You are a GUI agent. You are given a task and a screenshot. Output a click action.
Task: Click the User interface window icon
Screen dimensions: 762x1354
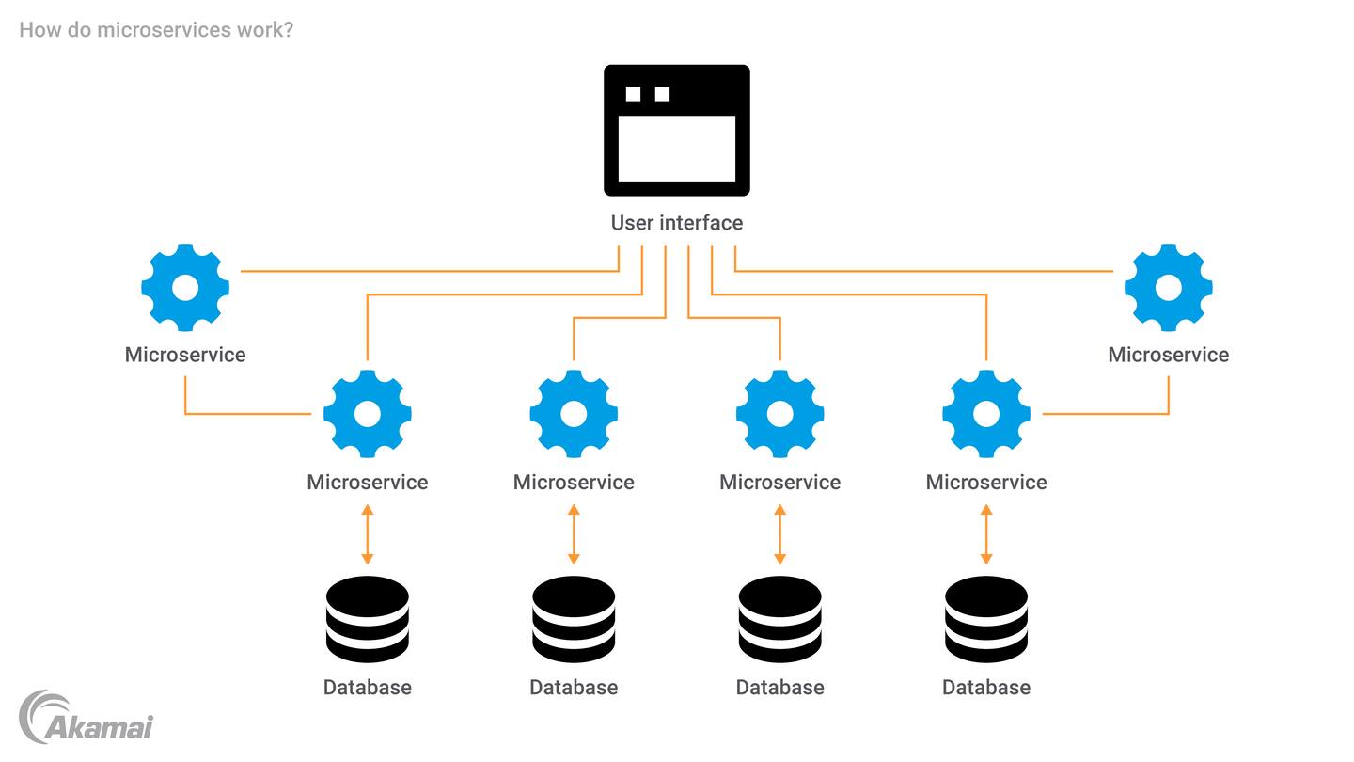click(676, 130)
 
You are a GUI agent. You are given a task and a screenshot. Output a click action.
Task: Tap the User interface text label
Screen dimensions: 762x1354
click(676, 223)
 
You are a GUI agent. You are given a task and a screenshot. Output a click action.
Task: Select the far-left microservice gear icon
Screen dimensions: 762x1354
click(185, 288)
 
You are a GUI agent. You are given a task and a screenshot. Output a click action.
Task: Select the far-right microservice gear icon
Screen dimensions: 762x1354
click(1168, 288)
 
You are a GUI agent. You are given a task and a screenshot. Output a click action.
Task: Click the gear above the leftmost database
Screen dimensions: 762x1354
click(368, 414)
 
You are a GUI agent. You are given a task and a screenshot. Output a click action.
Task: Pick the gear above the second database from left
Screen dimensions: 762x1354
click(574, 414)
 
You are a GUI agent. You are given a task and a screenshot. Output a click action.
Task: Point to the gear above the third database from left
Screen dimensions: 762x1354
click(779, 414)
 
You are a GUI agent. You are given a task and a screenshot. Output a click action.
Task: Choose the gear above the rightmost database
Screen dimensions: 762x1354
click(986, 414)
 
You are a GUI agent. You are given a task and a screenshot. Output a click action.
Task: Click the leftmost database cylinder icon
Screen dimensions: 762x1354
click(368, 620)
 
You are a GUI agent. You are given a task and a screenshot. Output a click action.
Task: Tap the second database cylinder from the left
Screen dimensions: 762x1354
click(574, 620)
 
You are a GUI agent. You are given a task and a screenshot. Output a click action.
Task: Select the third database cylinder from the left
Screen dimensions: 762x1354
click(779, 620)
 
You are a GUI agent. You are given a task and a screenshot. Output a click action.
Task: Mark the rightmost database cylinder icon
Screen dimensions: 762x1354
click(986, 620)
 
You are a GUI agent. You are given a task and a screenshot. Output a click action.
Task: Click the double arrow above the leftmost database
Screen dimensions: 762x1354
click(368, 534)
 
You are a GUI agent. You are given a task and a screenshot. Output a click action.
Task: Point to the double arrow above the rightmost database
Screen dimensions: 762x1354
click(986, 534)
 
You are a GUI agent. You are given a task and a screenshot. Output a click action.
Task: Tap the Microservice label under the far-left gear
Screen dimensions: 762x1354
click(185, 355)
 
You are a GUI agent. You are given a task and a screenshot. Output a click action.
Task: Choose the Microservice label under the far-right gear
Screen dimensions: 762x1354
click(1168, 355)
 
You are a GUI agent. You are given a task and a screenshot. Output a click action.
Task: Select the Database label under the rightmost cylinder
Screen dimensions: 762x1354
click(986, 688)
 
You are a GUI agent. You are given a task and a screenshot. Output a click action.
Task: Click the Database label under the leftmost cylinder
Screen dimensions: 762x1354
click(368, 688)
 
